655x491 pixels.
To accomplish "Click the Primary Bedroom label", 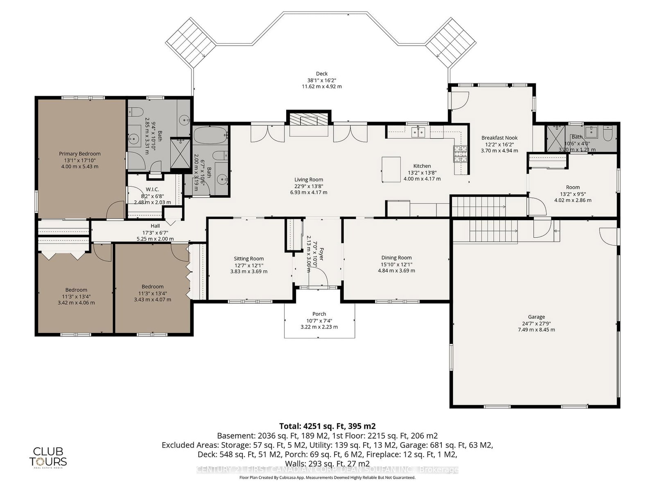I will coord(79,154).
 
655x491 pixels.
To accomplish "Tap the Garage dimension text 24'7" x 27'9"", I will coord(536,323).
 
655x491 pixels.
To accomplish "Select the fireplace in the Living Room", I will coord(308,120).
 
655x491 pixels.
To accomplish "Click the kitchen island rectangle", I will coord(391,169).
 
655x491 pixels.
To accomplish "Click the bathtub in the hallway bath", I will coord(210,134).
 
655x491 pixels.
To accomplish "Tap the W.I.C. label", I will coord(152,189).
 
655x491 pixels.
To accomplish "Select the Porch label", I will coord(319,314).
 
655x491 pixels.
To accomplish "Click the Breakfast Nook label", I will coord(499,138).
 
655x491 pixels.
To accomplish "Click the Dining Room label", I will coord(396,257).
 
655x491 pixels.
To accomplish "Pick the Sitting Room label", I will coord(248,259).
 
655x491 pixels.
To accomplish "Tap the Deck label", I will coord(322,74).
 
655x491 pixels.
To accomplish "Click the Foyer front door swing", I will coord(319,279).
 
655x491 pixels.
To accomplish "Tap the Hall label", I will coord(155,226).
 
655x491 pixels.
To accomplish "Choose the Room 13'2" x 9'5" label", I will coord(573,187).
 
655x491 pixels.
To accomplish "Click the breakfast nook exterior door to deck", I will coord(459,100).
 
